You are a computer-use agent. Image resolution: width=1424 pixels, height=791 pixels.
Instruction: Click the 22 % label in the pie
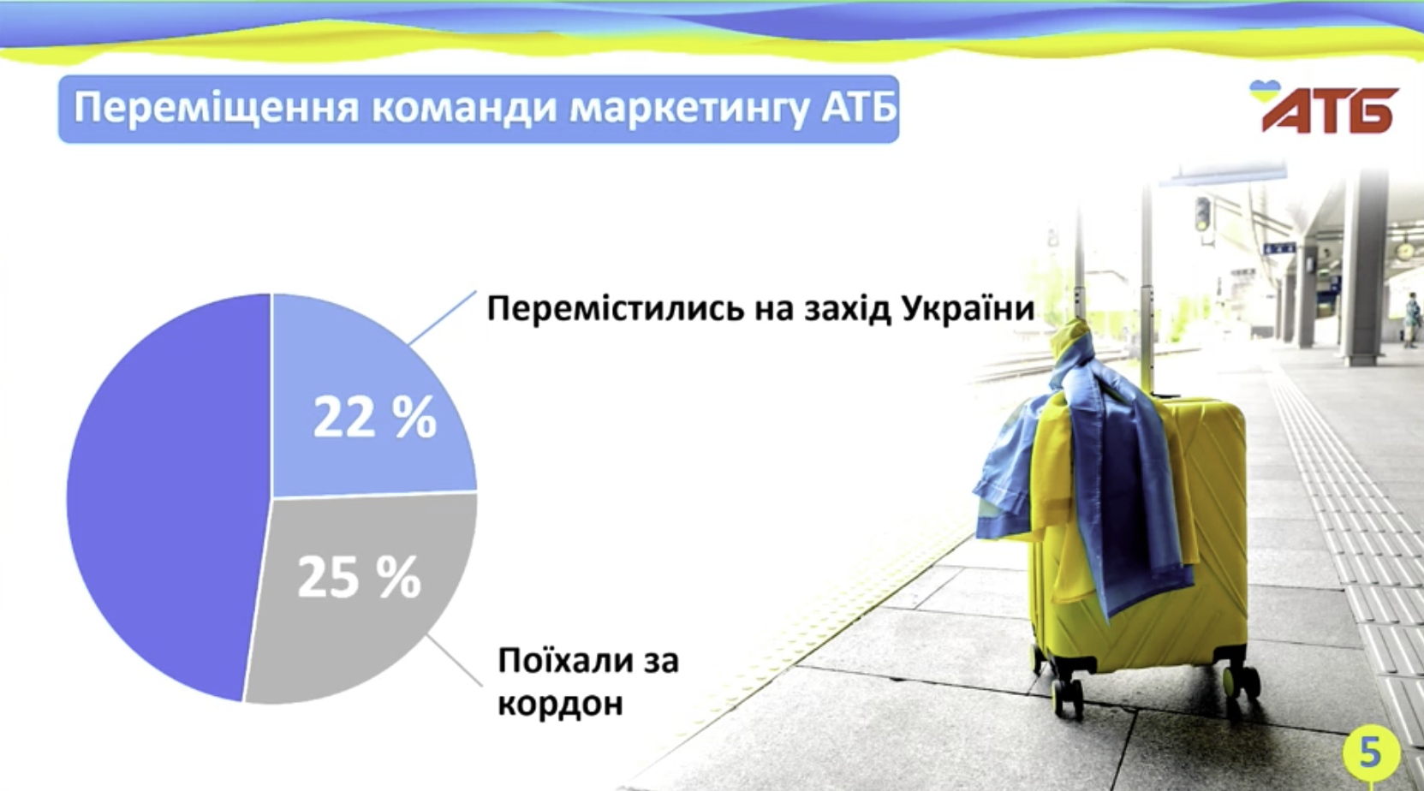pos(375,417)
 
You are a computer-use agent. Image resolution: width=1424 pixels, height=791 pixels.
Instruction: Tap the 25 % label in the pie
pos(359,577)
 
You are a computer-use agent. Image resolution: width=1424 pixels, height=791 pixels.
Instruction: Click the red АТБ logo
pos(1330,111)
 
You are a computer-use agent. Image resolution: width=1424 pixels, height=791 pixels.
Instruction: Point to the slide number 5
pos(1371,752)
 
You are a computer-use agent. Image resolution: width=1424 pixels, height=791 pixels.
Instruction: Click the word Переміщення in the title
pos(217,107)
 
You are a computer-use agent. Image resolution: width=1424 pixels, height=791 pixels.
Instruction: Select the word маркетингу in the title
pos(690,108)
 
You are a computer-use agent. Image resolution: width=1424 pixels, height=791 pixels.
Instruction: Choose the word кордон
pos(560,704)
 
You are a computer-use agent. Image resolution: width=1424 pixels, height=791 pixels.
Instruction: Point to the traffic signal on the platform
pos(1202,215)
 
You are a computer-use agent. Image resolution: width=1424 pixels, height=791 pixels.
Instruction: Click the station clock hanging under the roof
pos(1404,250)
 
